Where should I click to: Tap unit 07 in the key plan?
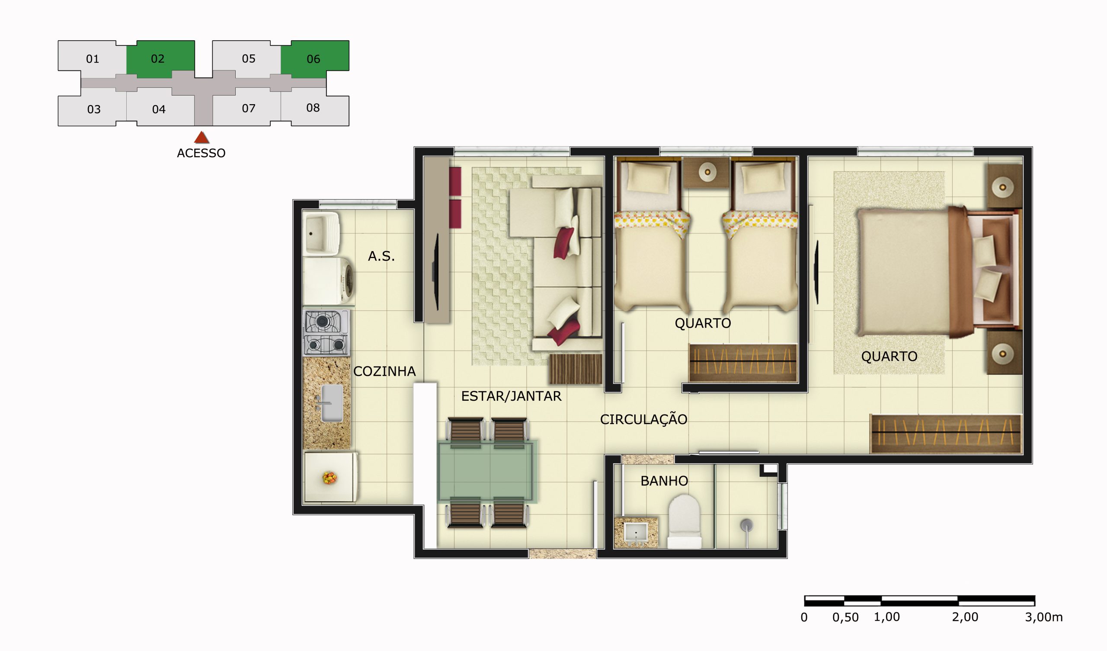[248, 108]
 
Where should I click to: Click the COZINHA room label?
[384, 372]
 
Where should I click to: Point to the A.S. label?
[381, 256]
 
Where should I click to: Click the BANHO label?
[664, 481]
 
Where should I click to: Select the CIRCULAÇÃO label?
[643, 419]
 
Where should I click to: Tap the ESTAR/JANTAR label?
[511, 396]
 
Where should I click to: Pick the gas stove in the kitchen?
[326, 333]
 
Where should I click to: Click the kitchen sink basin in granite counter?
[332, 403]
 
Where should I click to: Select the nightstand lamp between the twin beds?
[707, 172]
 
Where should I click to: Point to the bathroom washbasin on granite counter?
[636, 533]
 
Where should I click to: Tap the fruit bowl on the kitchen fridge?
[329, 478]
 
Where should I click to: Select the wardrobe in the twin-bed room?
[742, 362]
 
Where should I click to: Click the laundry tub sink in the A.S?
[322, 233]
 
